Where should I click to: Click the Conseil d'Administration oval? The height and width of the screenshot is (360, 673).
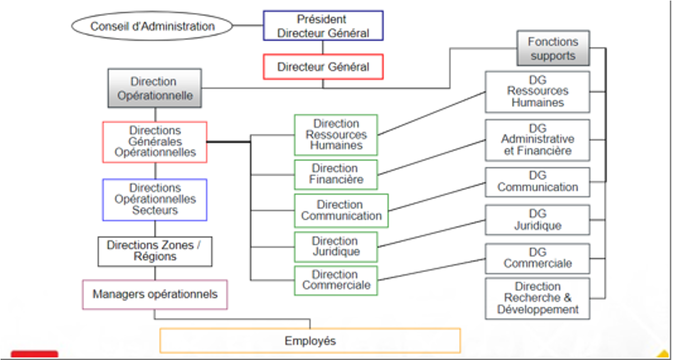pyautogui.click(x=152, y=26)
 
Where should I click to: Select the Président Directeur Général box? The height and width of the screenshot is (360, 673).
pyautogui.click(x=323, y=26)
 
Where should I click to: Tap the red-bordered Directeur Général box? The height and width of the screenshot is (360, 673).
pyautogui.click(x=323, y=67)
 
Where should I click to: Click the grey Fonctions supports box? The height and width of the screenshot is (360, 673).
pyautogui.click(x=553, y=48)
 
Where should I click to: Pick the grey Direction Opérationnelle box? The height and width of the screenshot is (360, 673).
pyautogui.click(x=154, y=89)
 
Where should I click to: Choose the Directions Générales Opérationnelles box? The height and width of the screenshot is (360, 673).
pyautogui.click(x=155, y=142)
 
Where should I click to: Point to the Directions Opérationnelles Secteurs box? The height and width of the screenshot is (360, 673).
pyautogui.click(x=155, y=200)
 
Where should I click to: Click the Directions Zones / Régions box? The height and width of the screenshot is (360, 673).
pyautogui.click(x=155, y=251)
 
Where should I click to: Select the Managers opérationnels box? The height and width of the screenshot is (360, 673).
pyautogui.click(x=155, y=294)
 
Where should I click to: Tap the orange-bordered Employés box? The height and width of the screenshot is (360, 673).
pyautogui.click(x=310, y=340)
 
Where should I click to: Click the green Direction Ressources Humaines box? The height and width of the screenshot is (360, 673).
pyautogui.click(x=336, y=135)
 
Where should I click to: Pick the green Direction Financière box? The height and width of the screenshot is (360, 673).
pyautogui.click(x=336, y=174)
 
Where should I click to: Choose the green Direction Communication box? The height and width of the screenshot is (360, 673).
pyautogui.click(x=341, y=211)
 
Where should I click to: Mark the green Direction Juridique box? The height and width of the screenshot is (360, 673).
pyautogui.click(x=336, y=247)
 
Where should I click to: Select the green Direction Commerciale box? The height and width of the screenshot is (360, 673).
pyautogui.click(x=336, y=280)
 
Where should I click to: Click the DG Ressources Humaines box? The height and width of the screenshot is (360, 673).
pyautogui.click(x=537, y=92)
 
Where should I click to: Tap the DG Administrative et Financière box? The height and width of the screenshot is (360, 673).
pyautogui.click(x=537, y=140)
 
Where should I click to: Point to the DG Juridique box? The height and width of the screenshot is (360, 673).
pyautogui.click(x=537, y=220)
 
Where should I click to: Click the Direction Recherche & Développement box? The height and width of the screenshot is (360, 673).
pyautogui.click(x=537, y=298)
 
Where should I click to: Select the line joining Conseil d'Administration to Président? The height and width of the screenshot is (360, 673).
pyautogui.click(x=247, y=26)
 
